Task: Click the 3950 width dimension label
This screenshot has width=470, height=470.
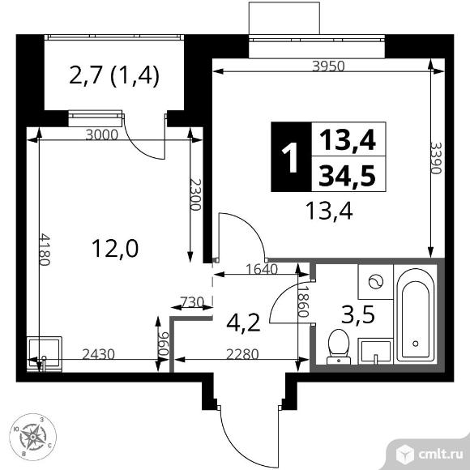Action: click(x=327, y=67)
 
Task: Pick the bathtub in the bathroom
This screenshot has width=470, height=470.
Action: click(x=417, y=316)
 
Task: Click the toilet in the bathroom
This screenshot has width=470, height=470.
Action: click(x=337, y=346)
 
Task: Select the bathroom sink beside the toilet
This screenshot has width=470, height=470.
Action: click(x=374, y=350)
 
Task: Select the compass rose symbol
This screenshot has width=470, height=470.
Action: click(x=34, y=437)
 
